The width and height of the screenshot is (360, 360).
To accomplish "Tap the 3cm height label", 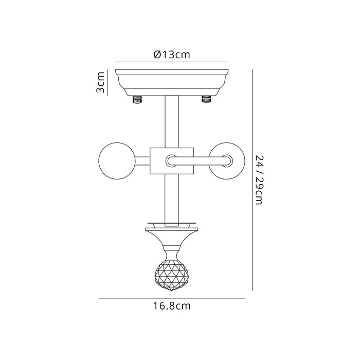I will [x=101, y=82].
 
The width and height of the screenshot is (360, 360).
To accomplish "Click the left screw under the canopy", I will [x=138, y=100].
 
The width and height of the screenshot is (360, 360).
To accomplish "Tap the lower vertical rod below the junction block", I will [x=172, y=198].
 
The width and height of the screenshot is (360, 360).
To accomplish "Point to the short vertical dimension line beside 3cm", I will [x=107, y=82].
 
